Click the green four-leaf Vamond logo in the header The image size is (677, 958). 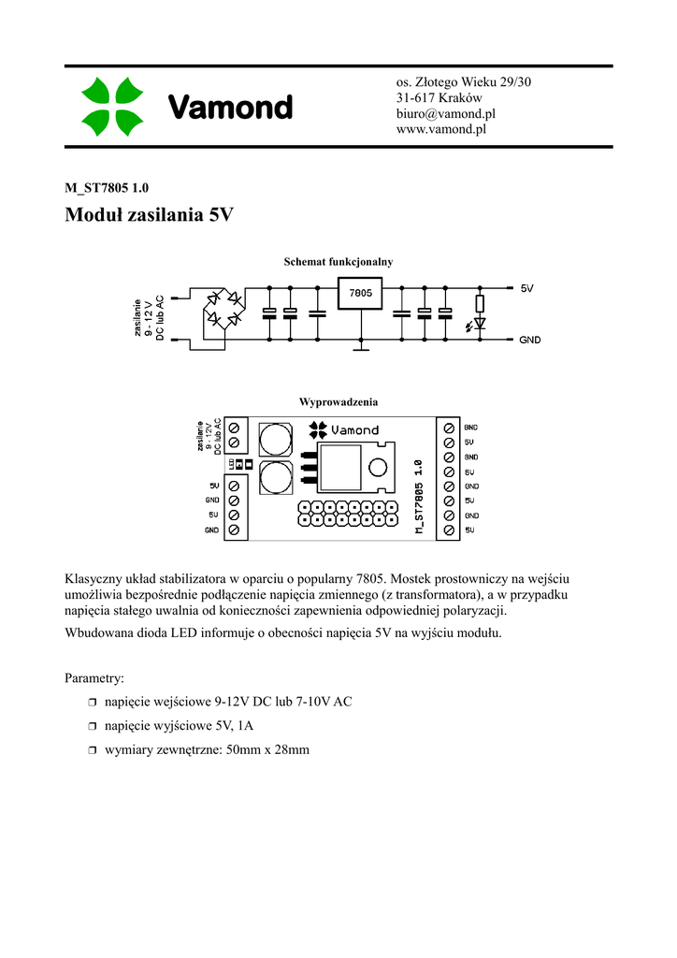click(111, 107)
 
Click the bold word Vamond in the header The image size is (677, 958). click(230, 108)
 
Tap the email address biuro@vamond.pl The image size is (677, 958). click(445, 113)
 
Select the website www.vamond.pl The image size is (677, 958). click(442, 129)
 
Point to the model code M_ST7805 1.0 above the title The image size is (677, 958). click(107, 187)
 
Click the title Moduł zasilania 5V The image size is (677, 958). click(149, 215)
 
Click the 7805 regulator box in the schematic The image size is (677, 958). click(360, 294)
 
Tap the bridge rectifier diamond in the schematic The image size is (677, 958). click(224, 309)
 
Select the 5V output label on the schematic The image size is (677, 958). click(527, 288)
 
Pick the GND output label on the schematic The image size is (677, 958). click(530, 341)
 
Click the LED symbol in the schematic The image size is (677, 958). click(481, 324)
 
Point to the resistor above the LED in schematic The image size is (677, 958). click(481, 302)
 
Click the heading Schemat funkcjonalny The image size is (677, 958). click(338, 262)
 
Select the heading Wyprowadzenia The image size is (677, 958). click(338, 401)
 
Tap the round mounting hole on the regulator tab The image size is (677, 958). click(379, 468)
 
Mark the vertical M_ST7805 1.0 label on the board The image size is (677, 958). click(419, 496)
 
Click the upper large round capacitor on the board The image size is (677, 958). click(275, 439)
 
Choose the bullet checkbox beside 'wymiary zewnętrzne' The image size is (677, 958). click(93, 750)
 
